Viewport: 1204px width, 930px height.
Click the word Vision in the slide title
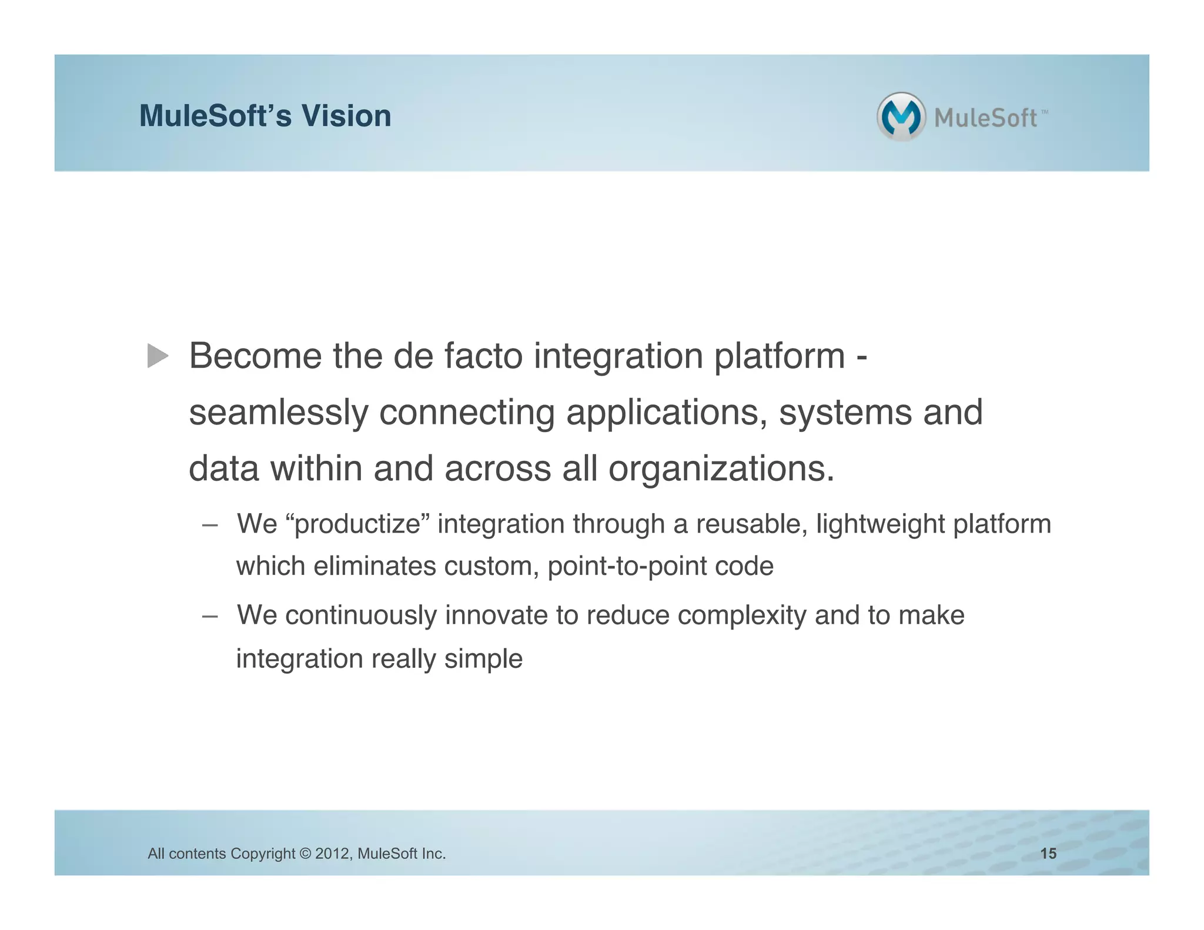coord(346,116)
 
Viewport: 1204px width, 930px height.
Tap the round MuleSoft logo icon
coord(901,116)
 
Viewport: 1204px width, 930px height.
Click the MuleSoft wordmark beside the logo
coord(986,118)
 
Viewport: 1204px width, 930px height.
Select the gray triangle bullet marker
coord(158,356)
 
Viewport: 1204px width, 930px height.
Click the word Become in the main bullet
coord(255,356)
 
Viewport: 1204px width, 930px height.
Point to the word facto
coord(483,356)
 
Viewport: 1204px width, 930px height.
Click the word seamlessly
coord(278,413)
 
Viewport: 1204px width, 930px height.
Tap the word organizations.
coord(721,469)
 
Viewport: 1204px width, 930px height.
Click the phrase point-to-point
coord(627,567)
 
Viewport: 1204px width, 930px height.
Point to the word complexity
coord(742,615)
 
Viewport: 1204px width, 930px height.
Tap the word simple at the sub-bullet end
coord(483,659)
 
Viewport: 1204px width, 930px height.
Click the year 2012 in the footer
coord(333,854)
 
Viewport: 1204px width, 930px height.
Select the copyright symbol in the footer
coord(305,854)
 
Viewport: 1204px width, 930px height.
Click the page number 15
coord(1048,854)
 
